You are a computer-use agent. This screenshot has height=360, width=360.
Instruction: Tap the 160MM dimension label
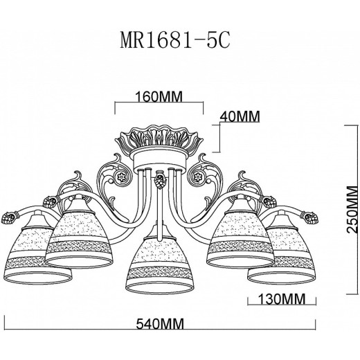click(159, 97)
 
